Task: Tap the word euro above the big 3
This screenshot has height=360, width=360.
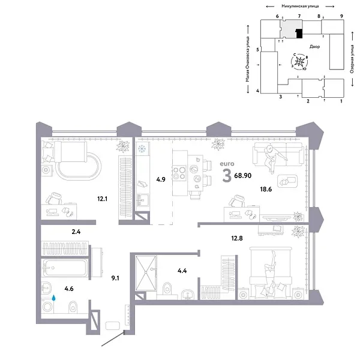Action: click(227, 163)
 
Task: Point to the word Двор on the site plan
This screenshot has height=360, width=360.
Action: click(314, 46)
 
